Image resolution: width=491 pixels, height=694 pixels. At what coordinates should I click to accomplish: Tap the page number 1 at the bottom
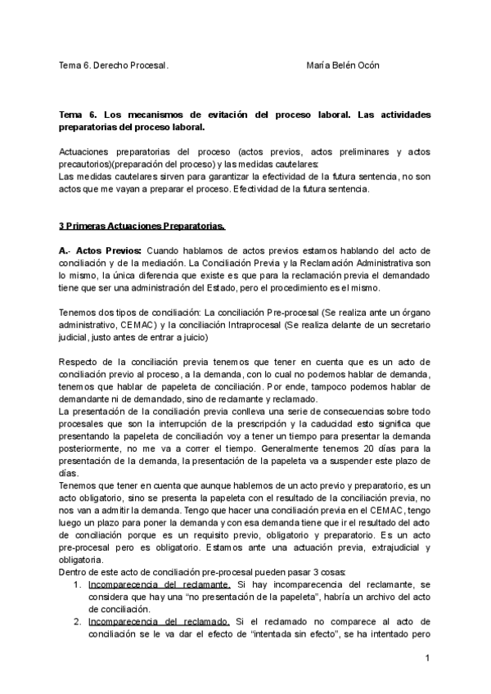pyautogui.click(x=428, y=659)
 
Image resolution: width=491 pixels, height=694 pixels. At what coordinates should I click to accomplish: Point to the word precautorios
pyautogui.click(x=88, y=164)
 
